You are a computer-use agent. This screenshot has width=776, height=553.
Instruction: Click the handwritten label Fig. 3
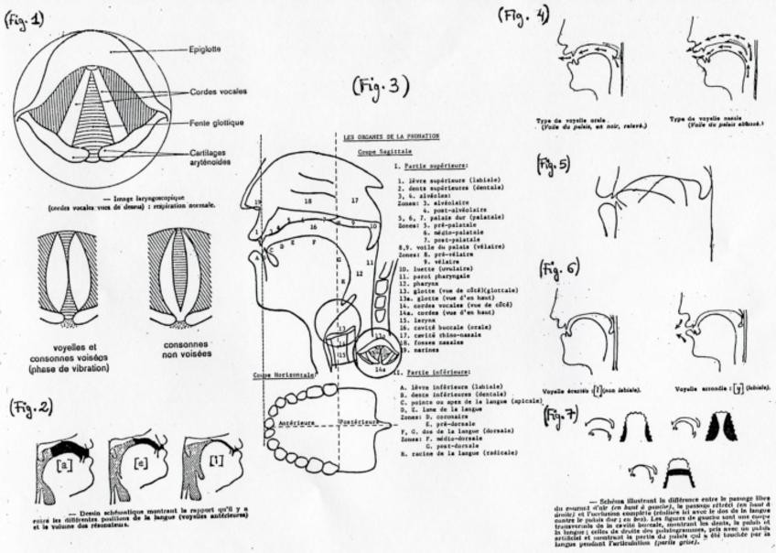tap(380, 87)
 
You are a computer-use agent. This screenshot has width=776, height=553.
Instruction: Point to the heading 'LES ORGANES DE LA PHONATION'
tap(391, 136)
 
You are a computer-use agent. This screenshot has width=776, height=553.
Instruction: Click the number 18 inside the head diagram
tap(307, 199)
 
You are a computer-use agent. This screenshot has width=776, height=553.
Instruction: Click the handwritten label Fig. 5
tap(552, 165)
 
